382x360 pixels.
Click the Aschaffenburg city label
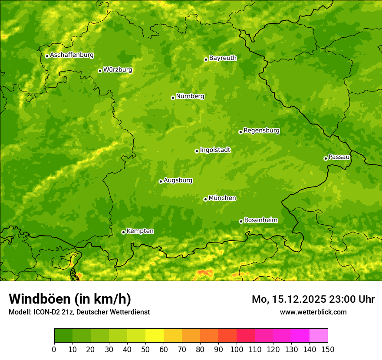click(72, 55)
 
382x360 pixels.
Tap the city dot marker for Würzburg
click(100, 71)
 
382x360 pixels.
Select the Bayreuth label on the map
click(223, 58)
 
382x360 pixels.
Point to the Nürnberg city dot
click(173, 98)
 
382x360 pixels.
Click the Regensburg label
click(261, 131)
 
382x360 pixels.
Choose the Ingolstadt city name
click(215, 150)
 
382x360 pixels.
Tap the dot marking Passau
click(326, 158)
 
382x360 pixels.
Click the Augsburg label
click(178, 180)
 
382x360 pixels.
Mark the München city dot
click(205, 199)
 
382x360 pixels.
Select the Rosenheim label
click(260, 220)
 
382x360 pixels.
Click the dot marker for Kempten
click(123, 232)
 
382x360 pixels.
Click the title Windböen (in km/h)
click(69, 299)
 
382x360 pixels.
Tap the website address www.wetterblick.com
click(313, 312)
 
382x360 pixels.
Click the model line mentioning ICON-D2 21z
click(79, 312)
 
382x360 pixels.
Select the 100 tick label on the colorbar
click(237, 349)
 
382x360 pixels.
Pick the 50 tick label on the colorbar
click(145, 349)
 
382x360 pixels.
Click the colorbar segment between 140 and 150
click(319, 336)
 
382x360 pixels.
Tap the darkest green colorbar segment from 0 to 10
click(63, 336)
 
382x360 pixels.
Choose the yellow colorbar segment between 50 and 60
click(155, 336)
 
